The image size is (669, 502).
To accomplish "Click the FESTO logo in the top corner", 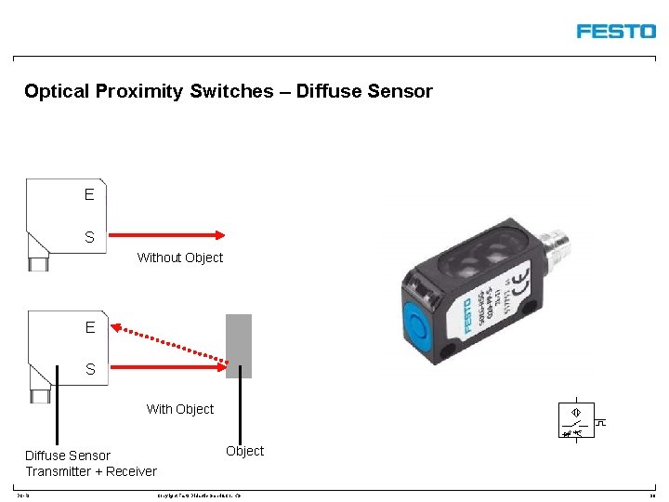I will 615,31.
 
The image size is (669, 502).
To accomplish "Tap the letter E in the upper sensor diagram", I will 89,194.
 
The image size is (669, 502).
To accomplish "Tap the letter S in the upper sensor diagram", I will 89,237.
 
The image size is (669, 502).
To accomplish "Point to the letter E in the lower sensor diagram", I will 89,327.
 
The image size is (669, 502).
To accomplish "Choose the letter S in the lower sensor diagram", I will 89,369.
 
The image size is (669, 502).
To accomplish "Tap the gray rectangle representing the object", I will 239,345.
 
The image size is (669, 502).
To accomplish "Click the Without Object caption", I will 180,258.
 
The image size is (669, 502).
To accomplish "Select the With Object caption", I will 180,409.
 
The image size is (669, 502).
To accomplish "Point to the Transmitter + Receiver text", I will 91,471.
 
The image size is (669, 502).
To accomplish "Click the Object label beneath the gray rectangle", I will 245,451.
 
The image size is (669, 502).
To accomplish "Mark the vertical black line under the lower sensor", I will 58,418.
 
